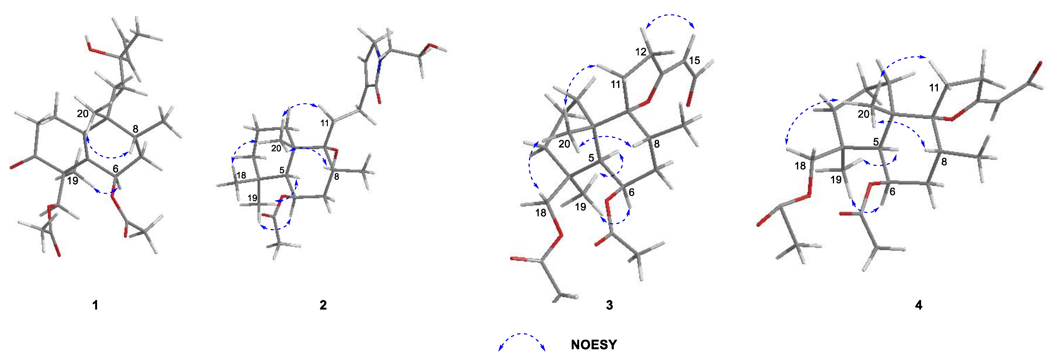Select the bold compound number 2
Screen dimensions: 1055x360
[x=323, y=305]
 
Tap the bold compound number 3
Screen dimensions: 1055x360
[x=610, y=305]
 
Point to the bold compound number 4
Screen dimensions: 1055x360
[x=919, y=305]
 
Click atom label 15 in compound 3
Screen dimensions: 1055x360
[x=695, y=61]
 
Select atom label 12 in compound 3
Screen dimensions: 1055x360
[x=641, y=52]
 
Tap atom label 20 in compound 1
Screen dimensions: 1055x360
[x=83, y=114]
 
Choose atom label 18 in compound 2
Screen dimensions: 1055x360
[x=241, y=175]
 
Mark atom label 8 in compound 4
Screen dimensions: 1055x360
[x=944, y=162]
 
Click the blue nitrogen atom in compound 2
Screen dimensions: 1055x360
[x=380, y=61]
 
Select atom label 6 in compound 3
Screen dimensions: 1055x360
[x=632, y=192]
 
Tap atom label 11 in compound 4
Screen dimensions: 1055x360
[x=934, y=88]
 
